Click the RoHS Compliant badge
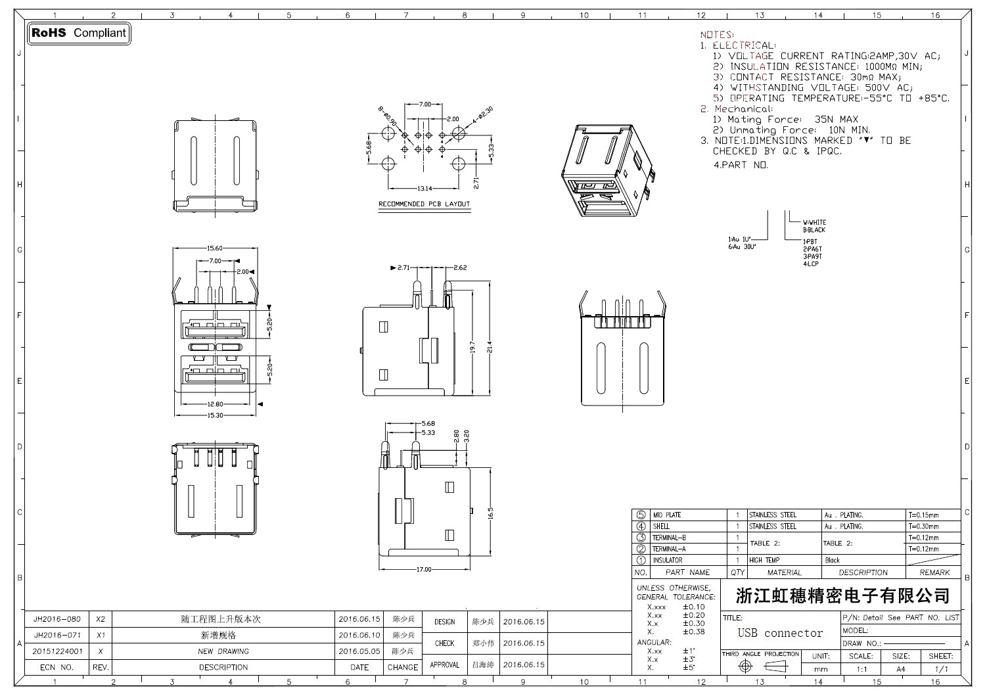click(x=79, y=33)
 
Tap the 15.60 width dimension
click(x=215, y=248)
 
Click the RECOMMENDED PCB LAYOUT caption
click(x=425, y=204)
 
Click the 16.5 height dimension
click(x=490, y=513)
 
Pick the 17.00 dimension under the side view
click(x=424, y=569)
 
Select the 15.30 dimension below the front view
click(x=214, y=415)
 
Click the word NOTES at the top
click(x=717, y=35)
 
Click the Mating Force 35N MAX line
click(x=785, y=120)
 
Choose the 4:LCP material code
click(x=811, y=264)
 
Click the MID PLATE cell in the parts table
click(x=666, y=515)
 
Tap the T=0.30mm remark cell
click(x=924, y=526)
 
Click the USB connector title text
click(x=780, y=634)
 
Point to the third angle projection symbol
click(x=761, y=666)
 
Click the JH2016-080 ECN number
click(x=57, y=619)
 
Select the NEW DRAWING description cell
click(x=223, y=651)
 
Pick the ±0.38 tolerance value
click(x=693, y=632)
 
